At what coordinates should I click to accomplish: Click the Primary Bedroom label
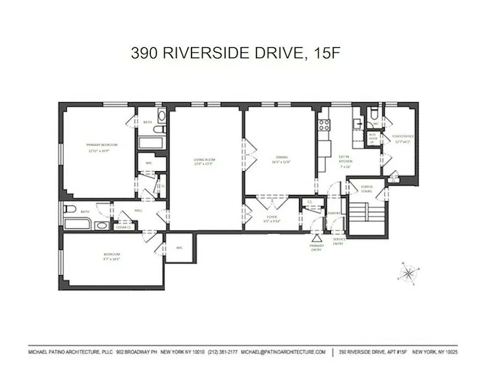[x=102, y=145]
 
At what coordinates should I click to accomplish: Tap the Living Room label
[x=204, y=159]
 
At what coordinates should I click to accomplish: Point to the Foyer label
[x=272, y=217]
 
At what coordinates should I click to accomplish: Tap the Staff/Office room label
[x=404, y=136]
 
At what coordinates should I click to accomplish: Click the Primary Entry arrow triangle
[x=317, y=239]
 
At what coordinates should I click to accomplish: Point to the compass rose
[x=409, y=273]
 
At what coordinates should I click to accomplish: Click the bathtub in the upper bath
[x=151, y=143]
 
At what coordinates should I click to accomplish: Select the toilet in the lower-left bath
[x=69, y=209]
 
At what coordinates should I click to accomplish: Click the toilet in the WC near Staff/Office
[x=374, y=114]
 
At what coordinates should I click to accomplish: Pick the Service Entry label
[x=339, y=241]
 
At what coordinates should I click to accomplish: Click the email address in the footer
[x=283, y=352]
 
